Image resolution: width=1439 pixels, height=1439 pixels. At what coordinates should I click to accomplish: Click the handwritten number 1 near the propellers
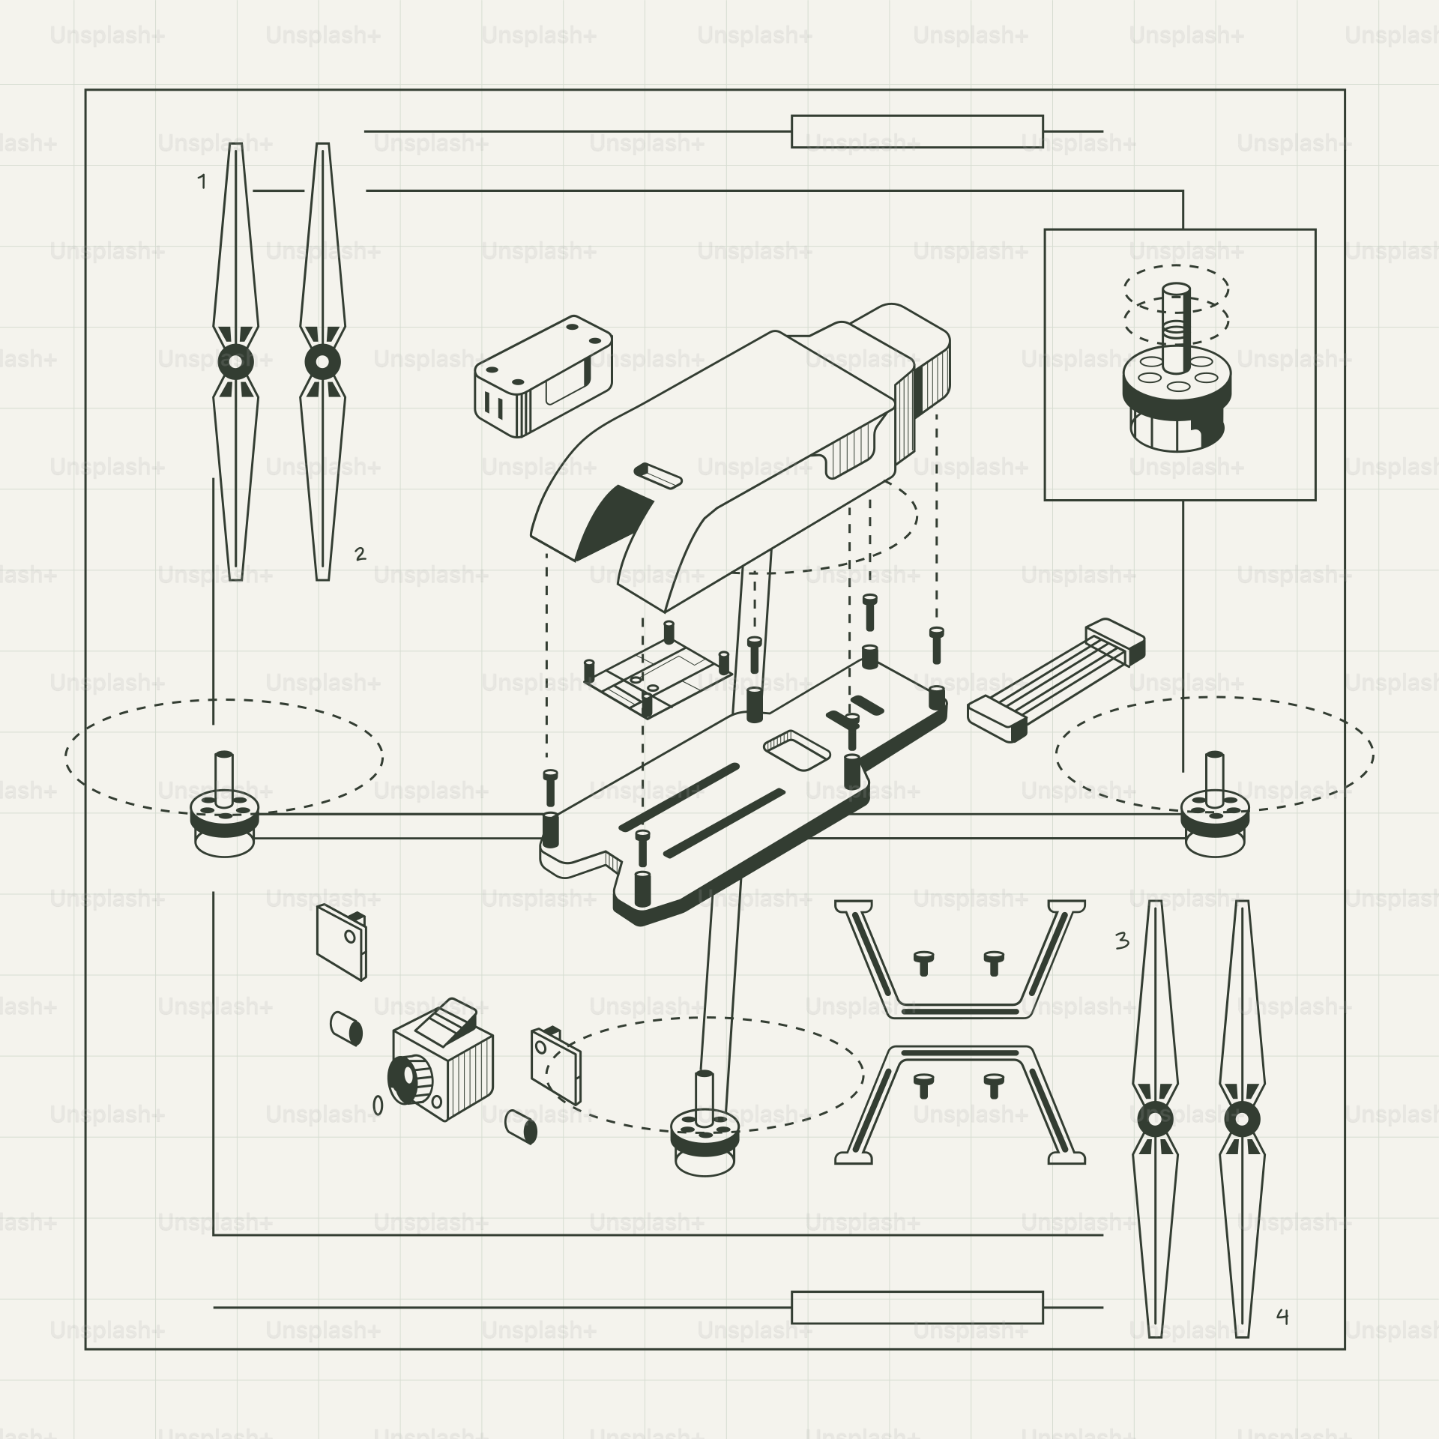[202, 181]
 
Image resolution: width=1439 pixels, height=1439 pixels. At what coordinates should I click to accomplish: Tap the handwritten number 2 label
[360, 554]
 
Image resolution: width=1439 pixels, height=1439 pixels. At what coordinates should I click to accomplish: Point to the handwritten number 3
[1121, 940]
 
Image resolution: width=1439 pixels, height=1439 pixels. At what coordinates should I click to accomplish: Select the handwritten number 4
[1282, 1316]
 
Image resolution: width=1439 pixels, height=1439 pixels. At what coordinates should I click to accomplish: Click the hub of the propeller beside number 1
[235, 362]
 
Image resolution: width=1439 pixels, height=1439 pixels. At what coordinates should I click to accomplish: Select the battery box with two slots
[541, 378]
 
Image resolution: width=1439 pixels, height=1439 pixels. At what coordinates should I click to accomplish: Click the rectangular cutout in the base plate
[797, 750]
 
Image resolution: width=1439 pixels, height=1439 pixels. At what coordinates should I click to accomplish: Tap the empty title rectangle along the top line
[917, 132]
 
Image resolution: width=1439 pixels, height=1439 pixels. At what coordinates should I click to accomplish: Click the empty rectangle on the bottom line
[917, 1307]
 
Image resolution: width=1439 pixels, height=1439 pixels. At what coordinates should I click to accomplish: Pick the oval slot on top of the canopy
[658, 475]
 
